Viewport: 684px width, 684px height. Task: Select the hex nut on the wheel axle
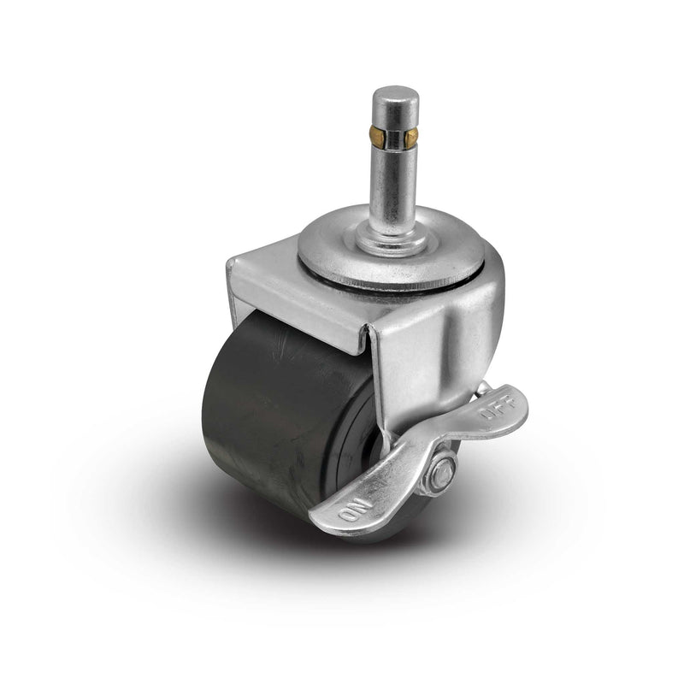440,473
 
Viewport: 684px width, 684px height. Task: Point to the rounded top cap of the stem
395,96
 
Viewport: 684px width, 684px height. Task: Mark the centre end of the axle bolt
440,473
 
